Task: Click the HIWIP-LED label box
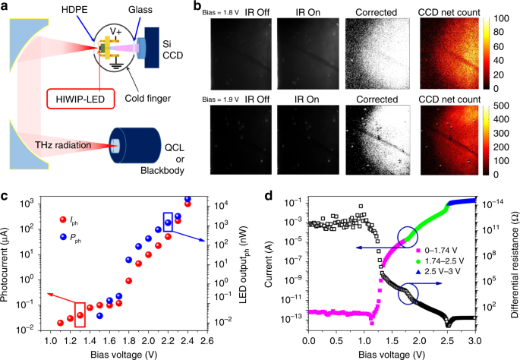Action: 80,99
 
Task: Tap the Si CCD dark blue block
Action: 152,48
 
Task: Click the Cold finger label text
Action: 147,99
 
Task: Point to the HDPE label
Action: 74,10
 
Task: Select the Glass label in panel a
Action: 140,10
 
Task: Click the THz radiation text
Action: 63,145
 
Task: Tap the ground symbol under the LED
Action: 116,65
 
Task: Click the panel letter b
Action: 197,5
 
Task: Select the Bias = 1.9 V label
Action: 221,99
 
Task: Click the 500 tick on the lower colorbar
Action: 501,106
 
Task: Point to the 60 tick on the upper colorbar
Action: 498,46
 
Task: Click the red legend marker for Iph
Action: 63,219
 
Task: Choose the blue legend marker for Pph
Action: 63,237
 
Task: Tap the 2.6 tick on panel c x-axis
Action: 207,342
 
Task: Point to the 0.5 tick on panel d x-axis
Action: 336,341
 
